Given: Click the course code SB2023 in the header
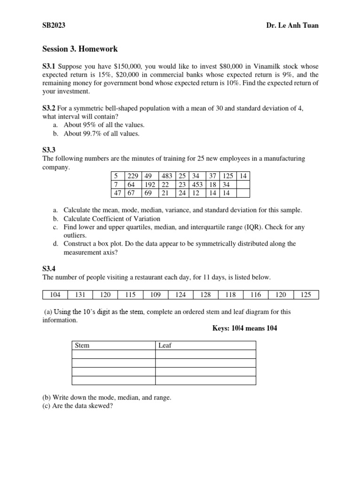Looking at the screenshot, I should [x=54, y=25].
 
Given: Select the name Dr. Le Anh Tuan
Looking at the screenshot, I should [x=292, y=25].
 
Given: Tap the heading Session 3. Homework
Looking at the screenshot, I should [x=80, y=49].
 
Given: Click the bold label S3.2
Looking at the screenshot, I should [x=49, y=108].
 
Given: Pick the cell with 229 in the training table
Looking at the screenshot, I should [x=133, y=176].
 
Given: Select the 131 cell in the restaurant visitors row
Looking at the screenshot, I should [x=80, y=295].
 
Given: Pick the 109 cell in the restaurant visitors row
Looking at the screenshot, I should [x=155, y=295].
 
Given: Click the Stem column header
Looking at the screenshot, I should [x=82, y=345].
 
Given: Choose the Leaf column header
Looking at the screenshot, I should [x=165, y=345].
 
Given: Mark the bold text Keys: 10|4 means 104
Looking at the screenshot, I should [x=245, y=328].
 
